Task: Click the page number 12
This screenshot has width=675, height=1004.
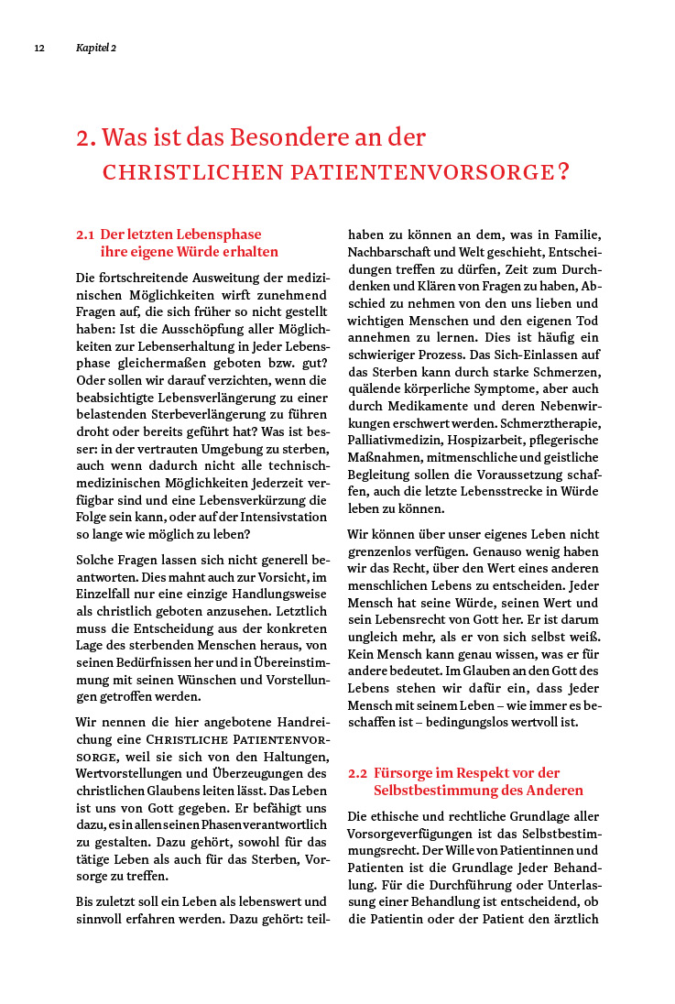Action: coord(39,48)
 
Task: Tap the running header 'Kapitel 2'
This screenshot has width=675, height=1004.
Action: coord(96,48)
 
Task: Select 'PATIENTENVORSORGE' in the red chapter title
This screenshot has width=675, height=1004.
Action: coord(422,171)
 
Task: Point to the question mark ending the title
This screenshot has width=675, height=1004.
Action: coord(563,171)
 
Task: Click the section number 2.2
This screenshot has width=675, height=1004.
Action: coord(358,773)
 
